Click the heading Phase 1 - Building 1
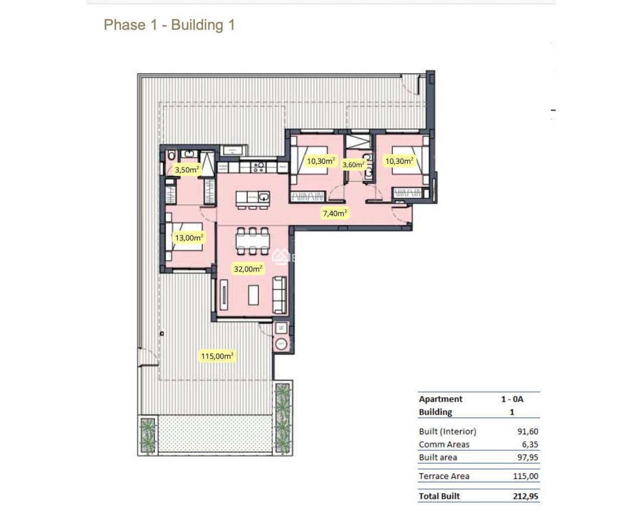169,25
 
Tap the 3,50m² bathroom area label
186,170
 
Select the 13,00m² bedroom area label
189,237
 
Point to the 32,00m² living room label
248,269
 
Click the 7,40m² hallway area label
335,213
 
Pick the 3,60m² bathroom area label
353,164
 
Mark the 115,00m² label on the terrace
217,356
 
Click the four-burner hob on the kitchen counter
259,166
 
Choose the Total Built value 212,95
525,496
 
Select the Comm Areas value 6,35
529,444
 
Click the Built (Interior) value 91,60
527,431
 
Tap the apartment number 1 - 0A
512,399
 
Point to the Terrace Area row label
444,476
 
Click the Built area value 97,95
527,457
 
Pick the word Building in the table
436,412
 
